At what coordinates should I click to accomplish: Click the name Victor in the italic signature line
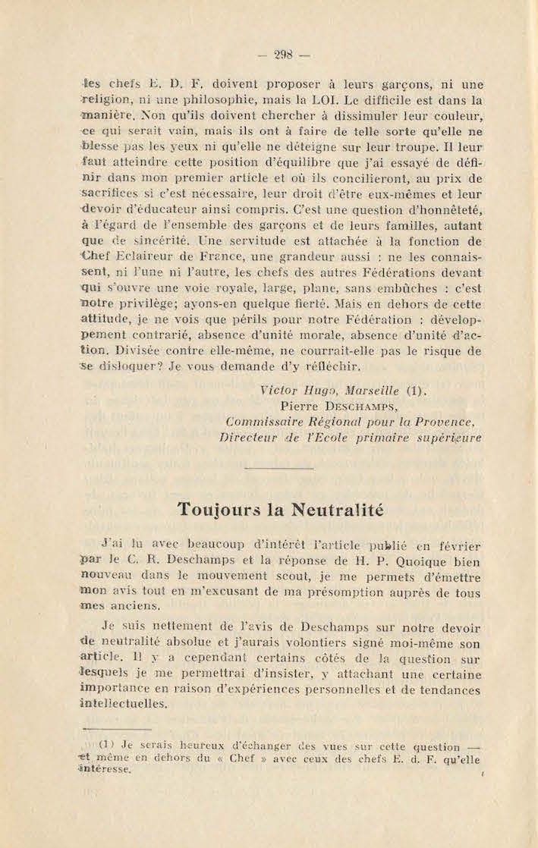(278, 391)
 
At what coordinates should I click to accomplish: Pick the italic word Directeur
(248, 437)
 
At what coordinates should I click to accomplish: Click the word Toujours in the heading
(220, 510)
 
